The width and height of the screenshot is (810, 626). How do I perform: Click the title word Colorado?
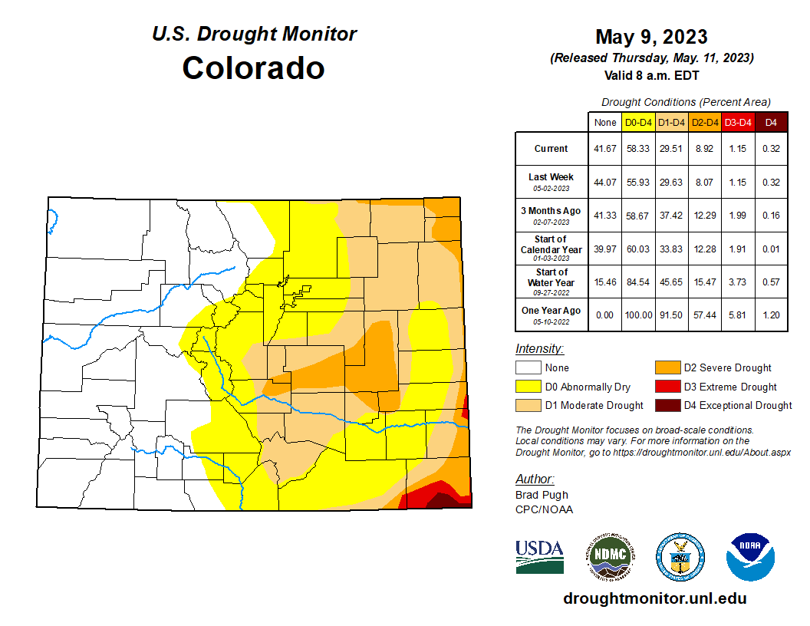(x=253, y=68)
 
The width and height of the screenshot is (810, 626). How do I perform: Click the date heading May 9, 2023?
(x=651, y=37)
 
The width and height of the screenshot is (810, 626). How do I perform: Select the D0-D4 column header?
(x=638, y=122)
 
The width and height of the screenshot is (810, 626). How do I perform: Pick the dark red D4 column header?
(x=771, y=122)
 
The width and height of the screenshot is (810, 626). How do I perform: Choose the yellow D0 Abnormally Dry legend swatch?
(x=528, y=387)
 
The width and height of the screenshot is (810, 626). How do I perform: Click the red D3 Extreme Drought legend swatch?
(x=667, y=387)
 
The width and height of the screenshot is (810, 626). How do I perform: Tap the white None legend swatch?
(x=528, y=367)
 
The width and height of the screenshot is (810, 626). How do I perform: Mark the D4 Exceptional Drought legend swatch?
(x=667, y=405)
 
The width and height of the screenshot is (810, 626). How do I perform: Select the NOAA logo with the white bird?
(x=750, y=556)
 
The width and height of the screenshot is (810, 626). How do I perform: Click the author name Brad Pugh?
(x=542, y=496)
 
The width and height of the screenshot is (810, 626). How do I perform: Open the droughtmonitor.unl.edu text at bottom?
(x=654, y=598)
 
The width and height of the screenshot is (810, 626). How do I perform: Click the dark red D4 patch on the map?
(x=443, y=501)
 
